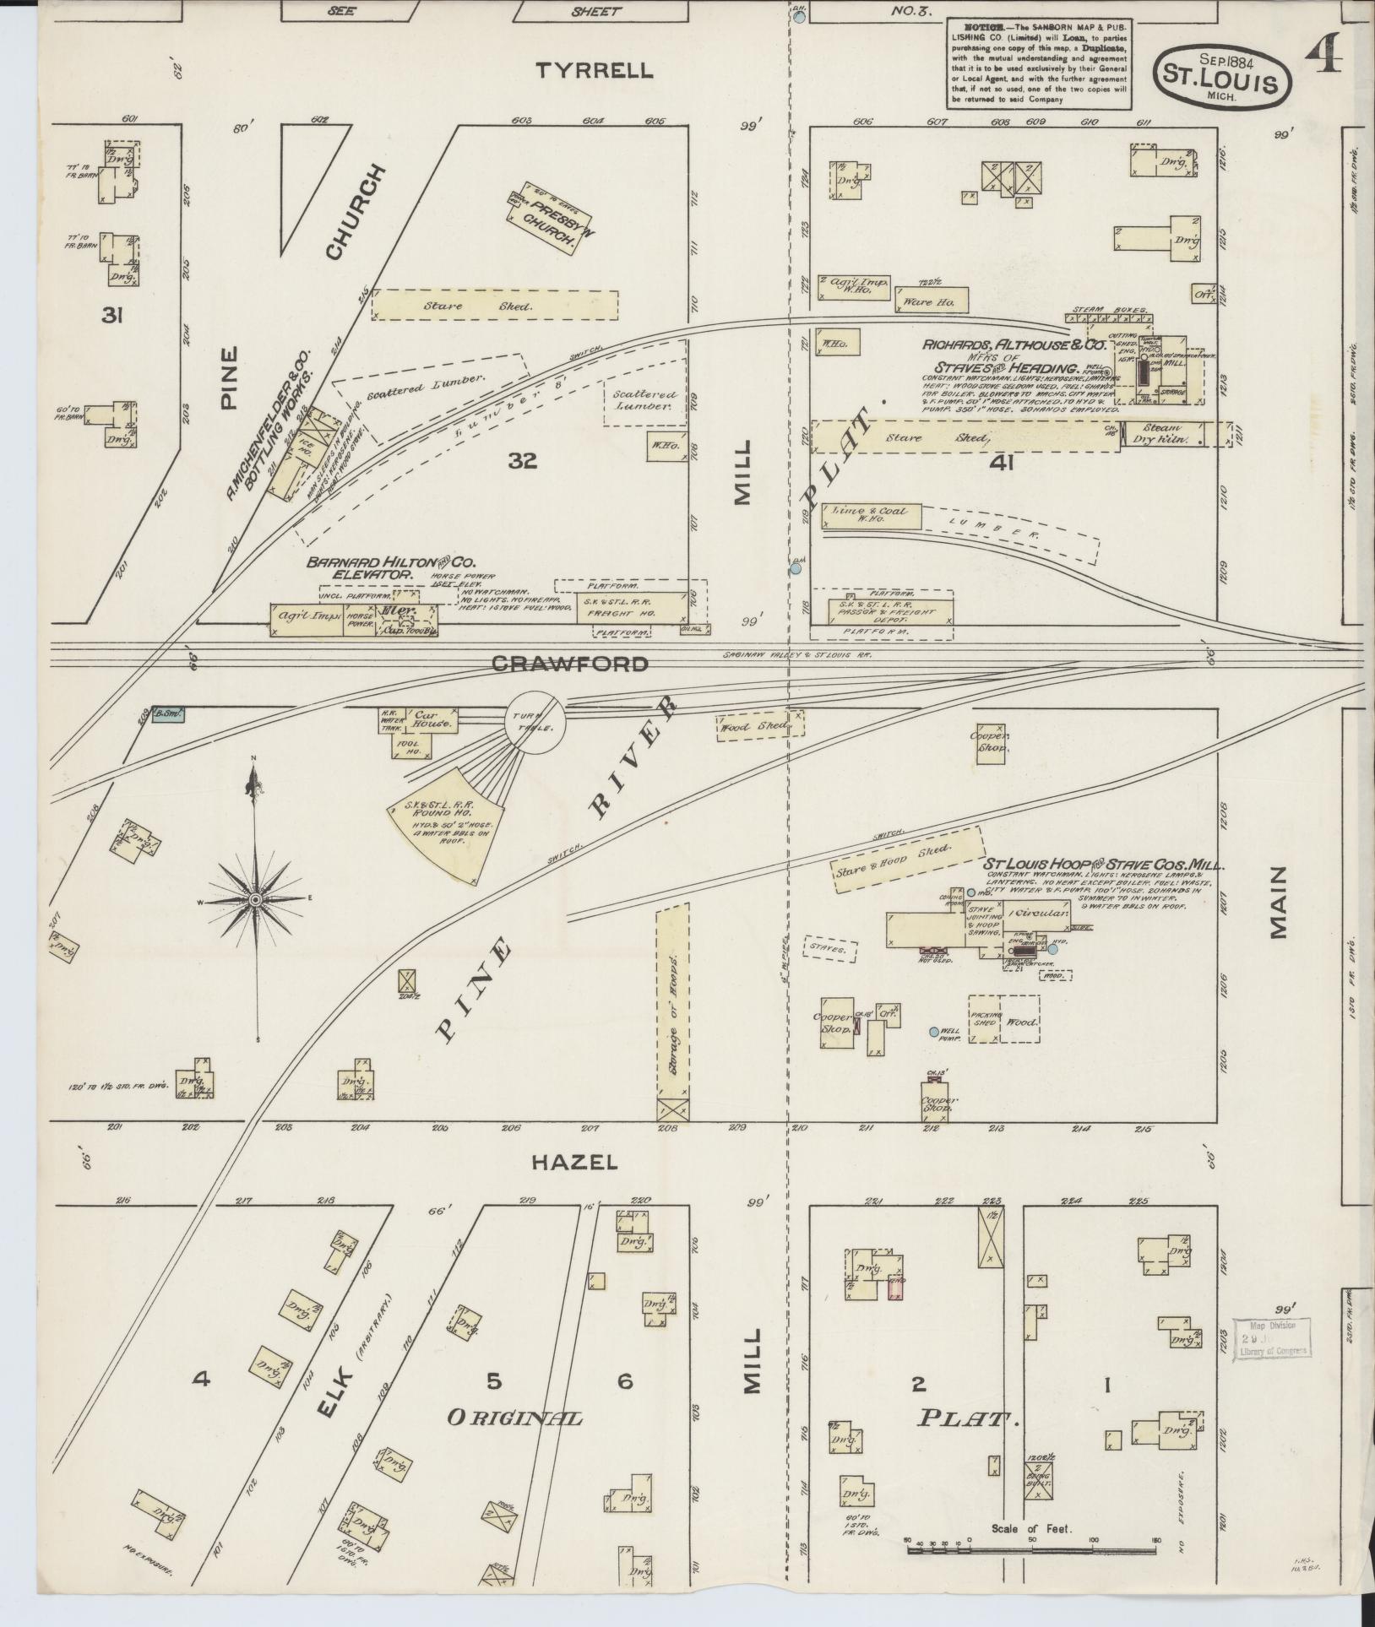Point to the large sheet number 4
(x=1323, y=55)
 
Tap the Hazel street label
(x=574, y=1162)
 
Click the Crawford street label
(x=570, y=664)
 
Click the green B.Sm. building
(x=168, y=715)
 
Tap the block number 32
(x=523, y=461)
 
